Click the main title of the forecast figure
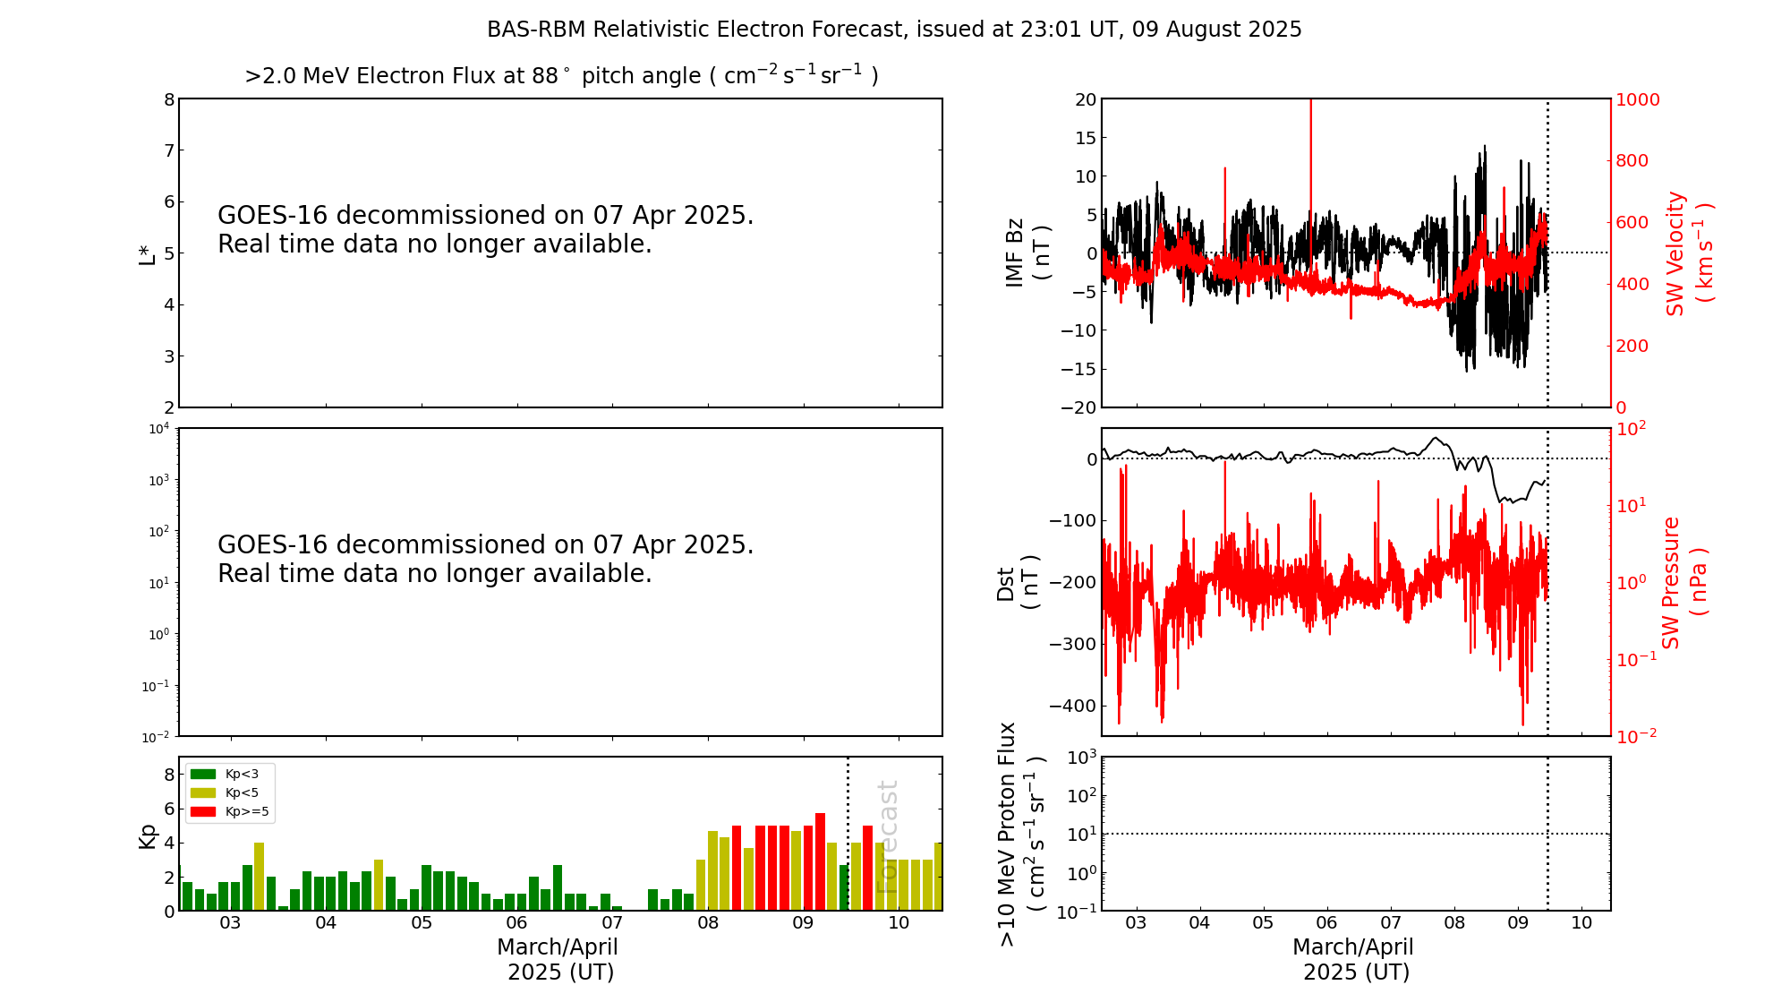pyautogui.click(x=894, y=30)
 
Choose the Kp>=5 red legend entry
pyautogui.click(x=229, y=812)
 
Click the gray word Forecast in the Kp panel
pyautogui.click(x=887, y=836)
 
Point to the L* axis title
pyautogui.click(x=147, y=253)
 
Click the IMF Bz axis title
pyautogui.click(x=1027, y=253)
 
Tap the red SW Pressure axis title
pyautogui.click(x=1683, y=583)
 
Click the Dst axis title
pyautogui.click(x=1018, y=583)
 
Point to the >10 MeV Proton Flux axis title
pyautogui.click(x=1021, y=834)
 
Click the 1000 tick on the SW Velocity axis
pyautogui.click(x=1637, y=99)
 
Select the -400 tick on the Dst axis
pyautogui.click(x=1070, y=706)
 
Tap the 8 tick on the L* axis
pyautogui.click(x=169, y=99)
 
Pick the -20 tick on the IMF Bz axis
pyautogui.click(x=1078, y=407)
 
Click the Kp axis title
pyautogui.click(x=147, y=835)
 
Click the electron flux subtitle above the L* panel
pyautogui.click(x=561, y=76)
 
